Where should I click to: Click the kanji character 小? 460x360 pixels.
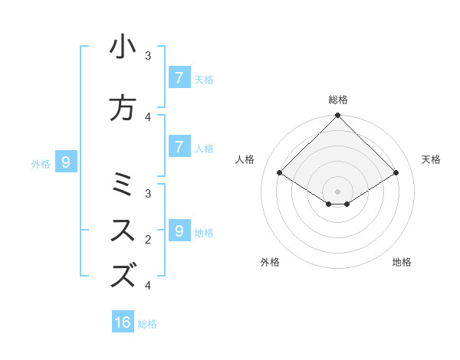123,47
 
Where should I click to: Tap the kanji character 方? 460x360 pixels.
123,108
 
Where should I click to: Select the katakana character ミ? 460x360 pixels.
123,185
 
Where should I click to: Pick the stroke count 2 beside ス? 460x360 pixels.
149,240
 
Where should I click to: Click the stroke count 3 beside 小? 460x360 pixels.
149,56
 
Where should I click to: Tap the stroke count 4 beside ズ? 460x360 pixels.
149,286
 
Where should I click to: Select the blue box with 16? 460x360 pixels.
123,322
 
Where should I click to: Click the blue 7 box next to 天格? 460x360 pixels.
179,77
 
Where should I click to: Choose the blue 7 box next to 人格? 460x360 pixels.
179,146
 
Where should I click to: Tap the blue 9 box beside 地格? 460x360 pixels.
179,231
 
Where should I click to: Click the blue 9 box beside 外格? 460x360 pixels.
66,162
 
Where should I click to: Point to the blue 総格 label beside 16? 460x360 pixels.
147,324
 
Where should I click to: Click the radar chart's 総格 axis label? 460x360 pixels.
338,100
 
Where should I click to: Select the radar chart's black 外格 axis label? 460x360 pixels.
270,262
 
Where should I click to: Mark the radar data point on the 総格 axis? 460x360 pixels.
338,116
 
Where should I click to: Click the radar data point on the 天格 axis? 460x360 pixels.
396,173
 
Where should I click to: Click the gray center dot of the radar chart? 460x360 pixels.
338,191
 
